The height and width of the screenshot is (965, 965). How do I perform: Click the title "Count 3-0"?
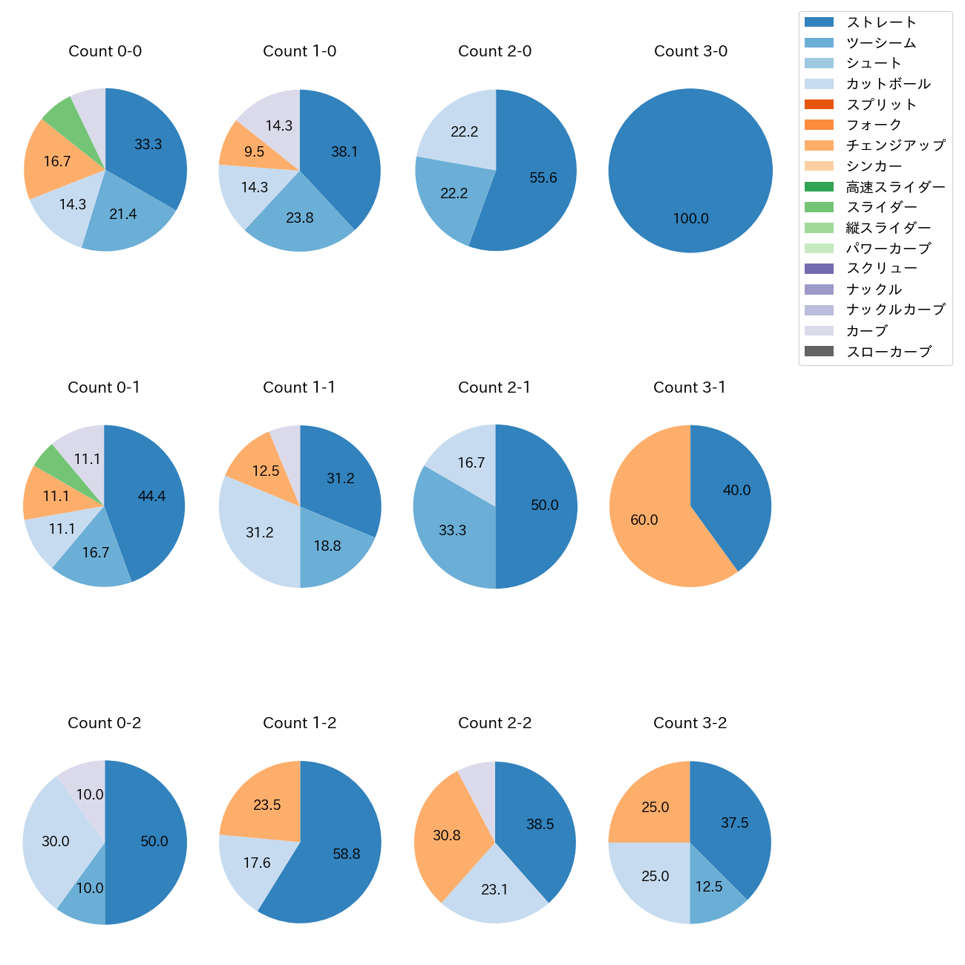click(690, 51)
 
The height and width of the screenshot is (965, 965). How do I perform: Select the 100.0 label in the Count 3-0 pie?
click(690, 218)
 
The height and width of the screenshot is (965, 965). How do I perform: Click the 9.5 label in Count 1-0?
click(254, 151)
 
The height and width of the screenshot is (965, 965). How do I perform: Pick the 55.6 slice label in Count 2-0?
click(543, 177)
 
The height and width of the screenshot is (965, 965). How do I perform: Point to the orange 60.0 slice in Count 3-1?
click(644, 520)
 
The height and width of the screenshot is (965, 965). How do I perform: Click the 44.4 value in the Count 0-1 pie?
click(151, 496)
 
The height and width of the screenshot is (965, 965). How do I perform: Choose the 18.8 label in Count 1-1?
click(327, 546)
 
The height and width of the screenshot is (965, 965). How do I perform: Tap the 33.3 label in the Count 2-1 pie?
click(452, 530)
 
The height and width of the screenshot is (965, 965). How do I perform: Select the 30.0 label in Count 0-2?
click(56, 841)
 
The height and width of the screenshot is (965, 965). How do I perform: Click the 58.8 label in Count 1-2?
click(346, 854)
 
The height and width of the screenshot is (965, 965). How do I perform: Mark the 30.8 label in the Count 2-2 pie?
click(447, 835)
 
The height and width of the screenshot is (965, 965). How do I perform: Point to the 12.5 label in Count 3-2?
click(709, 886)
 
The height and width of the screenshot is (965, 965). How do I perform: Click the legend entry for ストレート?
click(881, 22)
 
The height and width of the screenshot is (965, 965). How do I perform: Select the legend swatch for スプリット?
click(819, 105)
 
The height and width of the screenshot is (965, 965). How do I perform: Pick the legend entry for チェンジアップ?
click(895, 145)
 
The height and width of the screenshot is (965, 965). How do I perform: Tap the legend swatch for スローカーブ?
click(819, 351)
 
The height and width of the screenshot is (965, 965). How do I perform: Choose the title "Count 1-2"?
click(300, 723)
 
